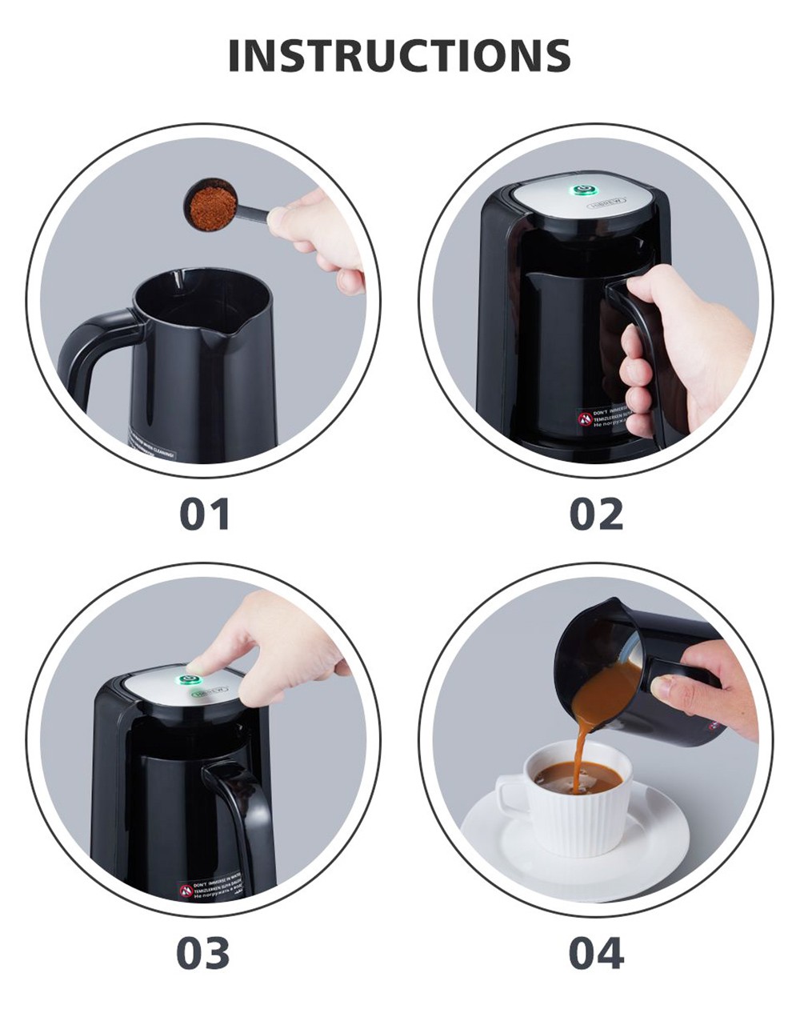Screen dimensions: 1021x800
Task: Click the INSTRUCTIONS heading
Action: [399, 55]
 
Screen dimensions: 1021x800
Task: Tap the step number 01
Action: [205, 514]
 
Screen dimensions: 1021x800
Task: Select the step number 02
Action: [596, 514]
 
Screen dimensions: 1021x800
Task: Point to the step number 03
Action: [203, 953]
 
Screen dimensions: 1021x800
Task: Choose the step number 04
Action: [596, 953]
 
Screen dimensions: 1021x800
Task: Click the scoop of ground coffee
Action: [211, 206]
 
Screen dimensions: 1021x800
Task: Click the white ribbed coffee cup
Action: [580, 816]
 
